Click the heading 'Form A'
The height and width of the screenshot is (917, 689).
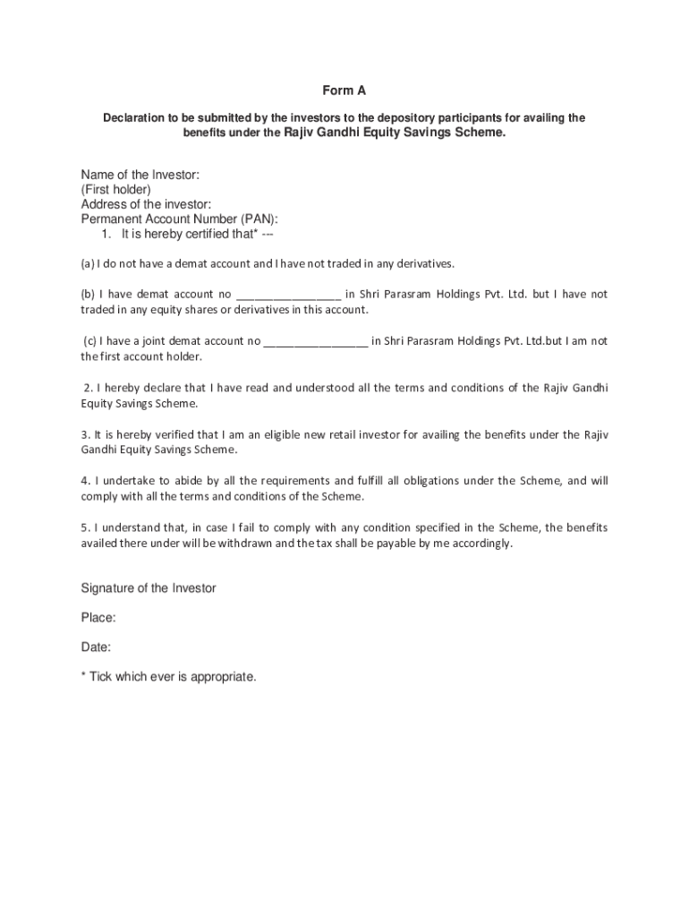(344, 90)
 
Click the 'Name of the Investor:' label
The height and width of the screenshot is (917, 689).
(140, 174)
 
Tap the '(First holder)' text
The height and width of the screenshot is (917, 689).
(116, 189)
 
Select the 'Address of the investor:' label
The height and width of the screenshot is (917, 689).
(146, 203)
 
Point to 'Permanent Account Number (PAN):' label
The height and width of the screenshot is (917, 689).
(179, 219)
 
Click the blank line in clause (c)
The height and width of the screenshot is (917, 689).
(316, 341)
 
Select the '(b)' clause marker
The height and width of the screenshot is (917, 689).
(88, 295)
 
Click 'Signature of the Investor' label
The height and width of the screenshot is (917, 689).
(149, 588)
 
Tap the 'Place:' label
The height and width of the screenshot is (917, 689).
(98, 618)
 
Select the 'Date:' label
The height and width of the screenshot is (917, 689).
(96, 647)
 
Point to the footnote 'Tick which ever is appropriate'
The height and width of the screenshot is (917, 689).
(173, 677)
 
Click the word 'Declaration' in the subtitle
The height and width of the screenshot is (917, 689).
(133, 118)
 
